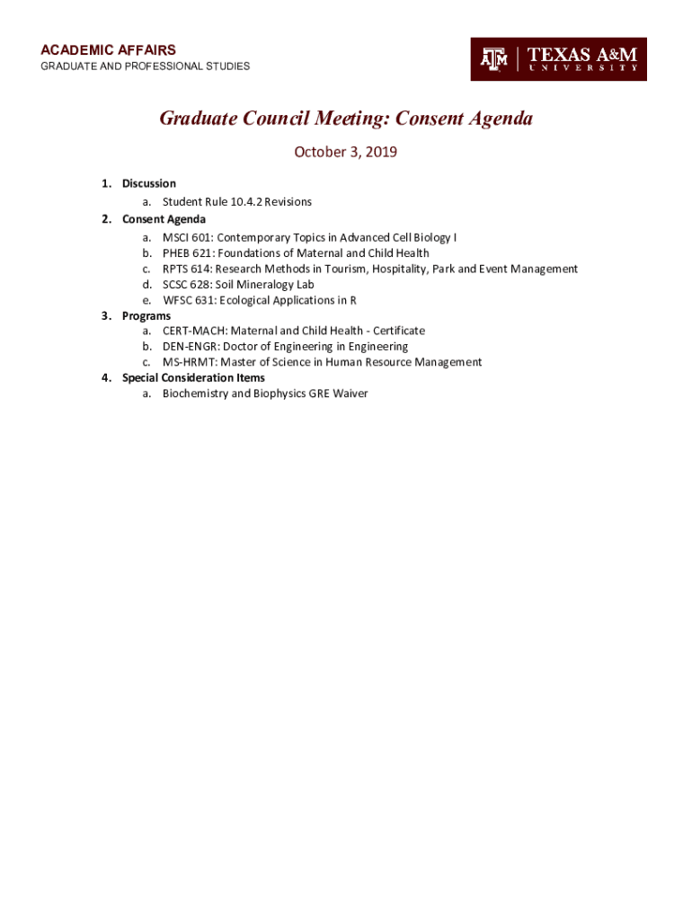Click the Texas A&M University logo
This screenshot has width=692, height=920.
point(558,59)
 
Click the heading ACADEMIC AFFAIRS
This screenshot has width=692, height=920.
point(108,50)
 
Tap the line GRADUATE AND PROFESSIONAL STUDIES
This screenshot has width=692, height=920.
point(145,66)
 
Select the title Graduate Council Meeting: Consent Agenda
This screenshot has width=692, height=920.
point(346,119)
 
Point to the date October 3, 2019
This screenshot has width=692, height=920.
point(346,152)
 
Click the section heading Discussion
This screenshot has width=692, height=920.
point(149,183)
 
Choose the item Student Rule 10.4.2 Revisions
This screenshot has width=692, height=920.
point(237,202)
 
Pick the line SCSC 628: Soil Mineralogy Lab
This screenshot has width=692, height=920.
point(238,285)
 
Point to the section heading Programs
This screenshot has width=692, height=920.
point(146,316)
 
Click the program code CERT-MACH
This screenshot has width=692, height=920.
point(194,331)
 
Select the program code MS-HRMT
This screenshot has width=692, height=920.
point(188,362)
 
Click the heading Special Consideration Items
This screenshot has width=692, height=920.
point(193,377)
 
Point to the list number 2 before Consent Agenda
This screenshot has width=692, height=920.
point(105,219)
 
